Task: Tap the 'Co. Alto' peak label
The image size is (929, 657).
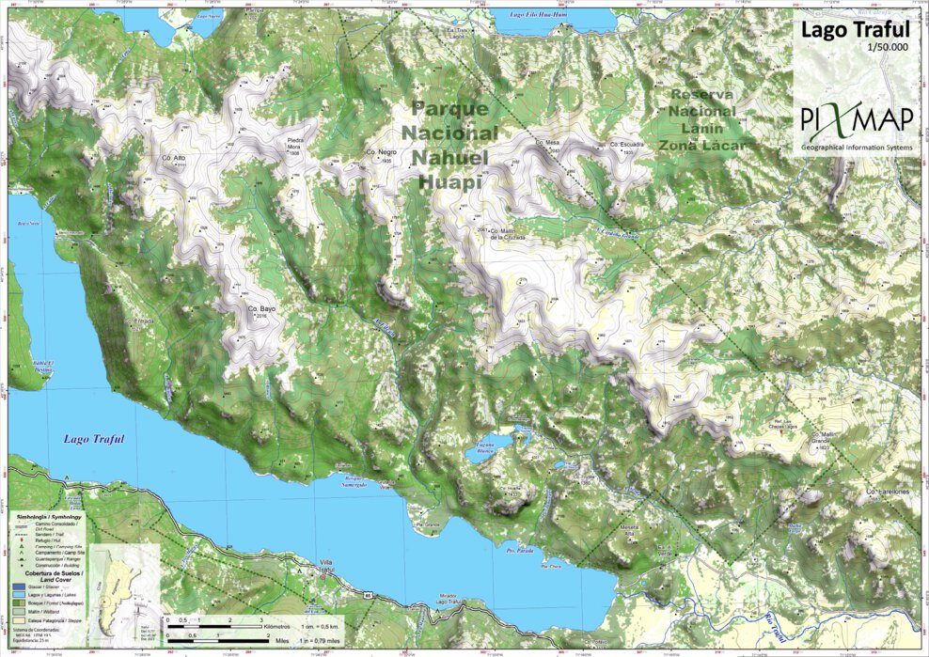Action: click(173, 157)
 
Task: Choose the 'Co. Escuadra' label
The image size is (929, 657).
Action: click(625, 145)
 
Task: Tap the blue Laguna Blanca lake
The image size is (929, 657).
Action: click(488, 450)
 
